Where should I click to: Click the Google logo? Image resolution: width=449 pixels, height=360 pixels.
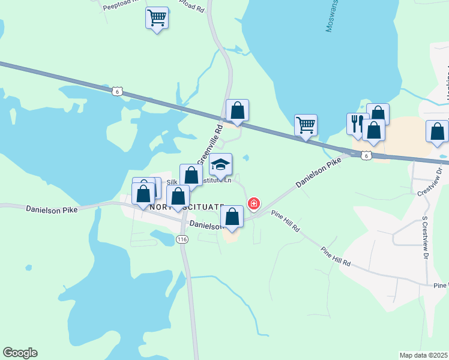tap(20, 353)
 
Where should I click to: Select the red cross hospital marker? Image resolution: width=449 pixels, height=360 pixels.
tap(254, 204)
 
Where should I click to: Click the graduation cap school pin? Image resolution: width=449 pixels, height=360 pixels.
tap(220, 165)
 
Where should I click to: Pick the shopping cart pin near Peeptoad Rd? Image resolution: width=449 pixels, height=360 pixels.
tap(157, 18)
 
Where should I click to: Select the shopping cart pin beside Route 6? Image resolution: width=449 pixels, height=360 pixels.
tap(306, 126)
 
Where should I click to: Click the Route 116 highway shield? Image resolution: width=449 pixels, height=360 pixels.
tap(182, 239)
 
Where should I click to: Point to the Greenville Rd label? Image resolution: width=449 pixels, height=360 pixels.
tap(211, 144)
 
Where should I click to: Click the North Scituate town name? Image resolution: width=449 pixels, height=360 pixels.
tap(186, 206)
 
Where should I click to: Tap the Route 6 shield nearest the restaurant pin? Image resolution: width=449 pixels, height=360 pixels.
tap(367, 155)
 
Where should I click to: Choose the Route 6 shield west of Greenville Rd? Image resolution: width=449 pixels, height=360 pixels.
tap(117, 91)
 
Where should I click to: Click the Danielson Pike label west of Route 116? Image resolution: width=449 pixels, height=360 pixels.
tap(53, 209)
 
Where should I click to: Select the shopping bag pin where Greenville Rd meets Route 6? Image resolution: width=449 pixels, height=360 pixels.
tap(237, 111)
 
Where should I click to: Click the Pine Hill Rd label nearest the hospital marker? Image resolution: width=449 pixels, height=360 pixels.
tap(285, 222)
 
